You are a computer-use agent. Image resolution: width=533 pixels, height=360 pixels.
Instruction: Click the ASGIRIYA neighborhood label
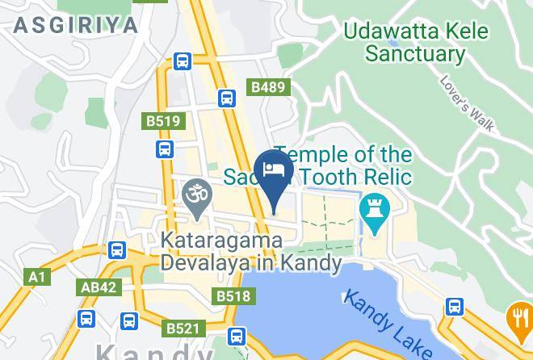tap(76, 24)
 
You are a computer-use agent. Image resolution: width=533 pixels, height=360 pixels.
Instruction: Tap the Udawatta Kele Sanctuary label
tap(415, 43)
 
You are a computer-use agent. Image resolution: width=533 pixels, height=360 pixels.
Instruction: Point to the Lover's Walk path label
tap(467, 103)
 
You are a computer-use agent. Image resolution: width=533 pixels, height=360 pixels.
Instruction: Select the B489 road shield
tap(267, 87)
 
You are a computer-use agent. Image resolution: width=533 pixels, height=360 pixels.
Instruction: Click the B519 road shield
tap(163, 121)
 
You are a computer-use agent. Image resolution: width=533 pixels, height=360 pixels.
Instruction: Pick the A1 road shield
tap(36, 277)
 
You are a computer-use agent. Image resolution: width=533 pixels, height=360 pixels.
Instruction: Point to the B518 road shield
tap(233, 296)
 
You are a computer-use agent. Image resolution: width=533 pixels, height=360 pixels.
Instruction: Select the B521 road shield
tap(182, 329)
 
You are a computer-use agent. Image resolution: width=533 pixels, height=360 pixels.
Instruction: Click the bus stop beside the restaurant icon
tap(455, 307)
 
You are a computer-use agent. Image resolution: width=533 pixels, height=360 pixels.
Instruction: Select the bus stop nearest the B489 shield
tap(227, 98)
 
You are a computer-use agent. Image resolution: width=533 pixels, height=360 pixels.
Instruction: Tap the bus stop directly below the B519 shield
tap(165, 149)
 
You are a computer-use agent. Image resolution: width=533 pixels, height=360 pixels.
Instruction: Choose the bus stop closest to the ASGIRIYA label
tap(183, 61)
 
